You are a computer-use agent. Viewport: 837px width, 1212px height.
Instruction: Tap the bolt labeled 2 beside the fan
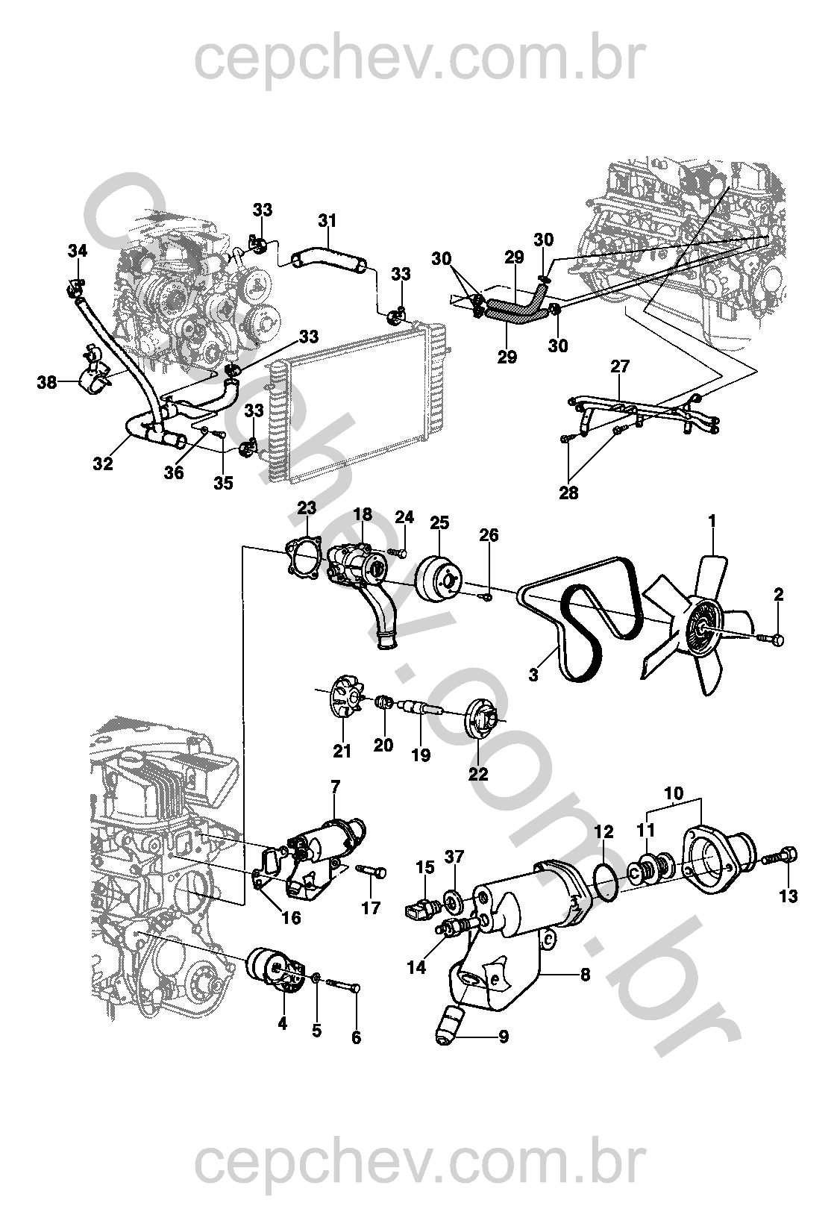(774, 639)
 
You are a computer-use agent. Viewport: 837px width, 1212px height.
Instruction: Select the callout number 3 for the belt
(534, 675)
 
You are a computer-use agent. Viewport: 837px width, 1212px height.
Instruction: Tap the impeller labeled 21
(341, 695)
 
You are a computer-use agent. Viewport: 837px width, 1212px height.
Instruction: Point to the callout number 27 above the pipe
(620, 366)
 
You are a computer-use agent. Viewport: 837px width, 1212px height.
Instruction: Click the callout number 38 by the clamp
(47, 384)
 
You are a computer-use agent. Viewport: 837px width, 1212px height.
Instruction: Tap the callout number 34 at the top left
(78, 251)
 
